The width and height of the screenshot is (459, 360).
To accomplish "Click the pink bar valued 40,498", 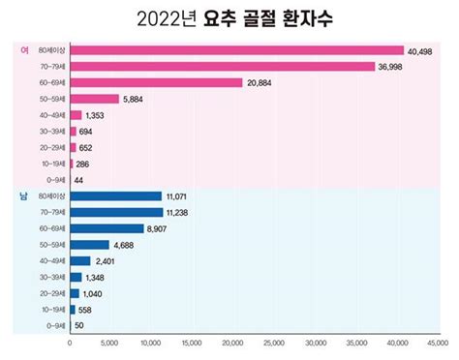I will tap(236, 50).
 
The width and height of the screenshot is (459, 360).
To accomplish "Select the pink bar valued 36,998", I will tap(222, 66).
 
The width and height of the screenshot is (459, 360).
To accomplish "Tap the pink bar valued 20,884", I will tap(156, 82).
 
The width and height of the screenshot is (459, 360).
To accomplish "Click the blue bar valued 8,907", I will tap(106, 228).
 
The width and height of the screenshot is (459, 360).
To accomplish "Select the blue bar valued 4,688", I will tap(88, 245).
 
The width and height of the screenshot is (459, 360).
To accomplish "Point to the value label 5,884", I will tap(134, 99).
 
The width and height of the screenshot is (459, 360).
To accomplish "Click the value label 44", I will tap(79, 181).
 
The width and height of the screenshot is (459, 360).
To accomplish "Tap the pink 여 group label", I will tap(23, 50).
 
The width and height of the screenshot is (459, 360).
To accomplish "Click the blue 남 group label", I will tap(23, 196).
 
